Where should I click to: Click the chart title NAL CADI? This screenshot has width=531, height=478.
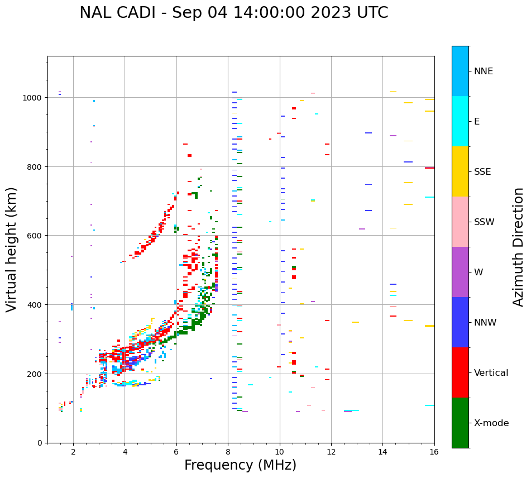(x=233, y=13)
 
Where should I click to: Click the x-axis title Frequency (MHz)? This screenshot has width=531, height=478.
(x=240, y=465)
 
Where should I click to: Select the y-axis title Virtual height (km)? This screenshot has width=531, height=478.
(x=12, y=249)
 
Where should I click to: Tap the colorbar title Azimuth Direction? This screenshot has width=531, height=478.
(x=519, y=246)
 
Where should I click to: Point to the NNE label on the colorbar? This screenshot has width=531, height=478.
(x=484, y=71)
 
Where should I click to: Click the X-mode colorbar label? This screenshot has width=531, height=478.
(x=491, y=423)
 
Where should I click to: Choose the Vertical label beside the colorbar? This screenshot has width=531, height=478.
(x=491, y=373)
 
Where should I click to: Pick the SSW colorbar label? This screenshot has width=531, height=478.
(x=484, y=222)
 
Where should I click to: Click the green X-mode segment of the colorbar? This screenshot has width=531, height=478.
(x=460, y=423)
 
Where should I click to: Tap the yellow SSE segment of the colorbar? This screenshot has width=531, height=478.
(x=460, y=171)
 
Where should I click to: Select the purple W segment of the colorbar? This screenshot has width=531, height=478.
(x=460, y=272)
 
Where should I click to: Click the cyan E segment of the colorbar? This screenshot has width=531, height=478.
(x=460, y=121)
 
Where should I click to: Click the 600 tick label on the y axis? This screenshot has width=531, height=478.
(x=35, y=236)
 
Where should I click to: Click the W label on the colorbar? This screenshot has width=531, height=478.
(x=479, y=273)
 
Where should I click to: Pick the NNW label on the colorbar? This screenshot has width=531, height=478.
(x=485, y=323)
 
